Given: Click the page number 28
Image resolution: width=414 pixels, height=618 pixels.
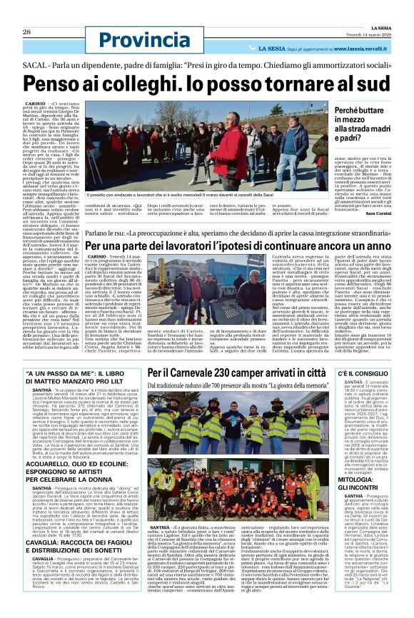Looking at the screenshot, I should coord(26,11).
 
